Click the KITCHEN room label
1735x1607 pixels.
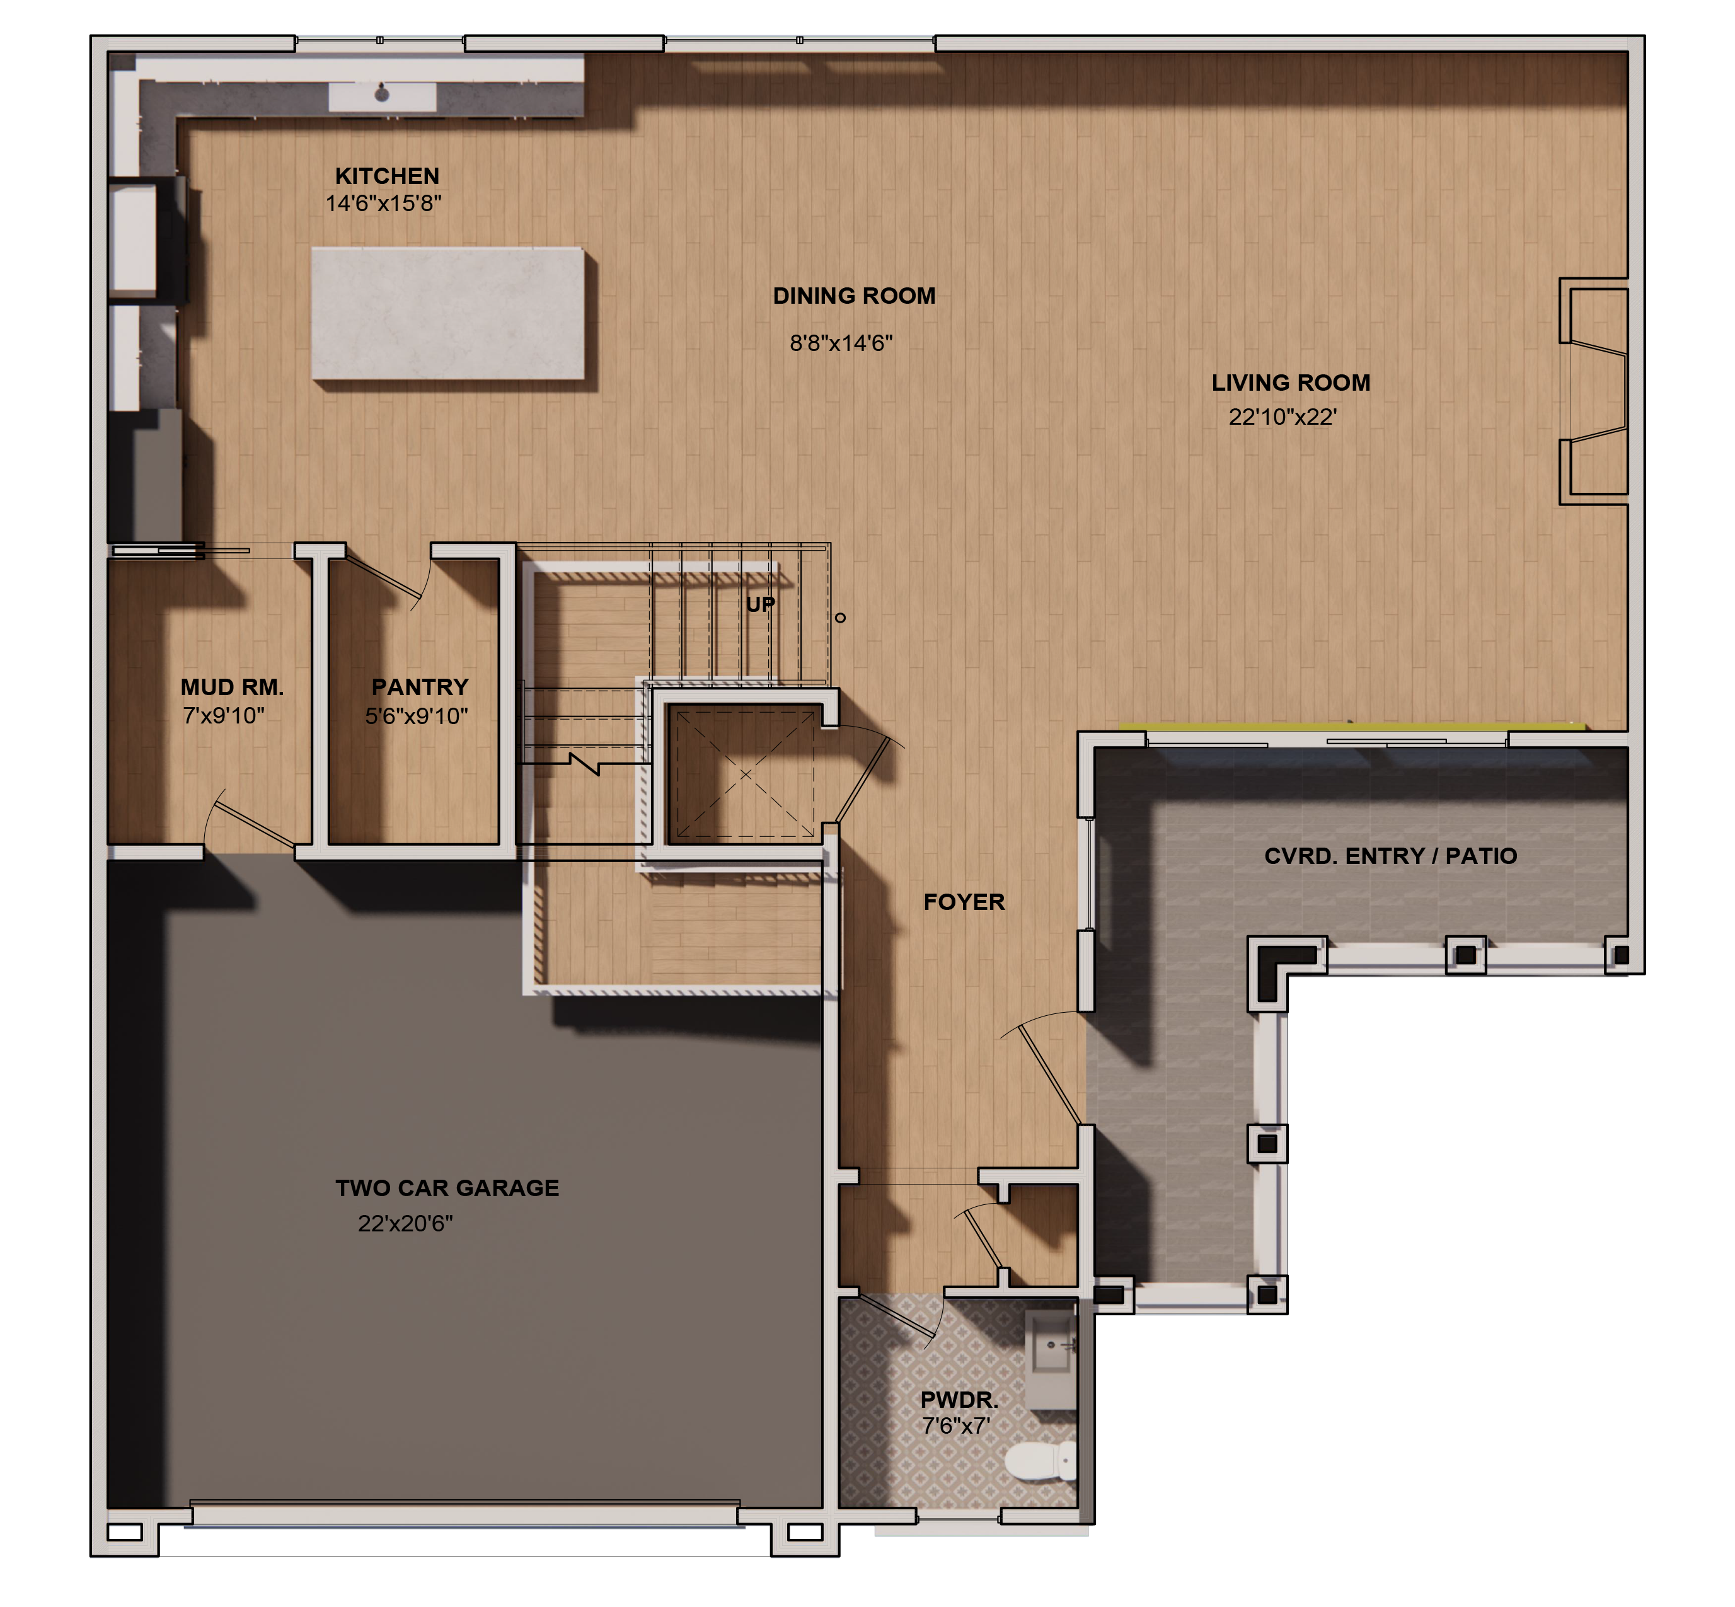coord(387,176)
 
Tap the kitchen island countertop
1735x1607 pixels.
coord(447,313)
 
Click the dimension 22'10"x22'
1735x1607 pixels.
coord(1281,417)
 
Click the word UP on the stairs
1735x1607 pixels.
coord(760,604)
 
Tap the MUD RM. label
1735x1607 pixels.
coord(231,688)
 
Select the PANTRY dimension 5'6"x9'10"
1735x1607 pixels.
coord(416,717)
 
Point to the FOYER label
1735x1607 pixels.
coord(964,902)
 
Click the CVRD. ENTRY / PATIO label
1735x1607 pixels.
coord(1390,856)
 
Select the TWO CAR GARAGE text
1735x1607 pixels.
coord(447,1188)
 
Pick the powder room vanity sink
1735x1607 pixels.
coord(1051,1346)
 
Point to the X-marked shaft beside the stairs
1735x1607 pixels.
coord(744,773)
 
